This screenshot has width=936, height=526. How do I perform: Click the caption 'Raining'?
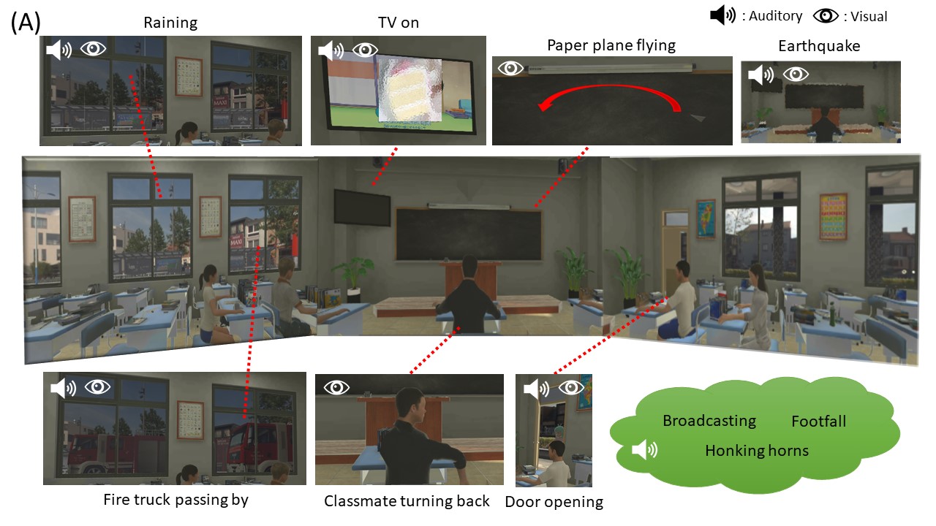click(170, 23)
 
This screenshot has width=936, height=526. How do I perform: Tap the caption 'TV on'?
click(399, 23)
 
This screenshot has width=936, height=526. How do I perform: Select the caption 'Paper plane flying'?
click(611, 45)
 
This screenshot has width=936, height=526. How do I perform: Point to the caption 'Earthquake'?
click(819, 46)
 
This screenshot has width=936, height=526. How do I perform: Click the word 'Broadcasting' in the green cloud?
click(709, 421)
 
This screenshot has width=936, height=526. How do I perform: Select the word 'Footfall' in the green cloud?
click(818, 422)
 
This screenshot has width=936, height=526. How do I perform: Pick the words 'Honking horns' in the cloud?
click(757, 450)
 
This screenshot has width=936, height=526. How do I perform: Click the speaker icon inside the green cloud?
click(643, 450)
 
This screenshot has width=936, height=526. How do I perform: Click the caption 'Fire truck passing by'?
click(175, 500)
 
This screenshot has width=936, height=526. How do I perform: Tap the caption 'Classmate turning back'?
click(407, 501)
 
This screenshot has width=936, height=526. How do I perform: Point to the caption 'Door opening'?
click(554, 502)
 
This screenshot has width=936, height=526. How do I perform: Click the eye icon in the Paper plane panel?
click(511, 69)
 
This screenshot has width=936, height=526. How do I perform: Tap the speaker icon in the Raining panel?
click(59, 50)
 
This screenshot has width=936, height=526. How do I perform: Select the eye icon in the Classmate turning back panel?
click(336, 387)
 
